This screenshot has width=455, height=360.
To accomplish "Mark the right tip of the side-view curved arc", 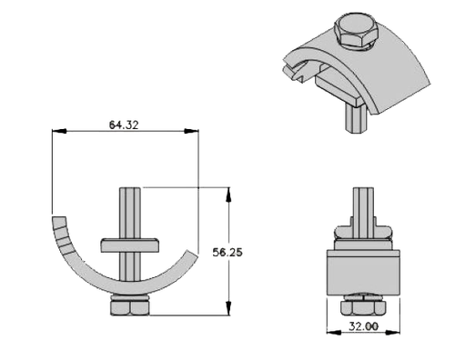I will (190, 255).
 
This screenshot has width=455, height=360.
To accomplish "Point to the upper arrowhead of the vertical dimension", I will (227, 191).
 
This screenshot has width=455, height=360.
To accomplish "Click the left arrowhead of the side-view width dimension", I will (57, 131).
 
